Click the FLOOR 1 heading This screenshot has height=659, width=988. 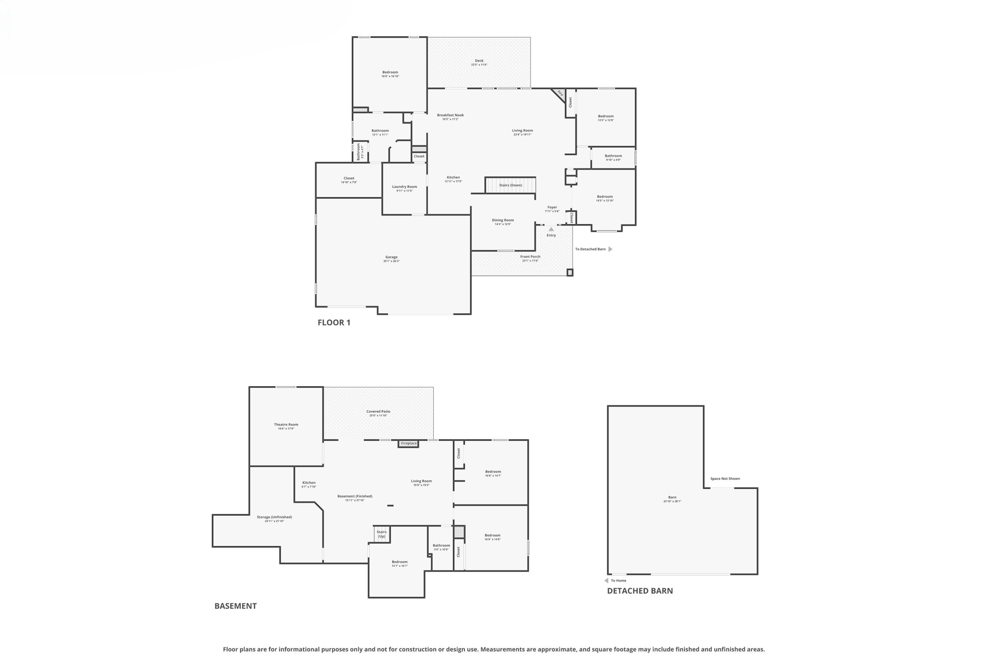(x=334, y=322)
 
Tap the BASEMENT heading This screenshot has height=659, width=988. (x=235, y=606)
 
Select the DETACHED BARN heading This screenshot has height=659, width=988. (x=640, y=591)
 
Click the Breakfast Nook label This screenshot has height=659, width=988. (x=450, y=116)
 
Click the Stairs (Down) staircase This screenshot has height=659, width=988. (x=510, y=185)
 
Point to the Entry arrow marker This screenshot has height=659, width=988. (x=551, y=229)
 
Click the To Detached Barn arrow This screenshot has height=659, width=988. (x=610, y=249)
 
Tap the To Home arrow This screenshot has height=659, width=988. (x=606, y=581)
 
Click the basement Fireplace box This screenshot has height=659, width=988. (x=408, y=444)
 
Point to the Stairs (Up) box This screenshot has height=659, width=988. (x=382, y=534)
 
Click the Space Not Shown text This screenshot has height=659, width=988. (x=725, y=479)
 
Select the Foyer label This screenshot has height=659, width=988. (x=552, y=208)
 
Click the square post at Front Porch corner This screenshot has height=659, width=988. (x=570, y=273)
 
